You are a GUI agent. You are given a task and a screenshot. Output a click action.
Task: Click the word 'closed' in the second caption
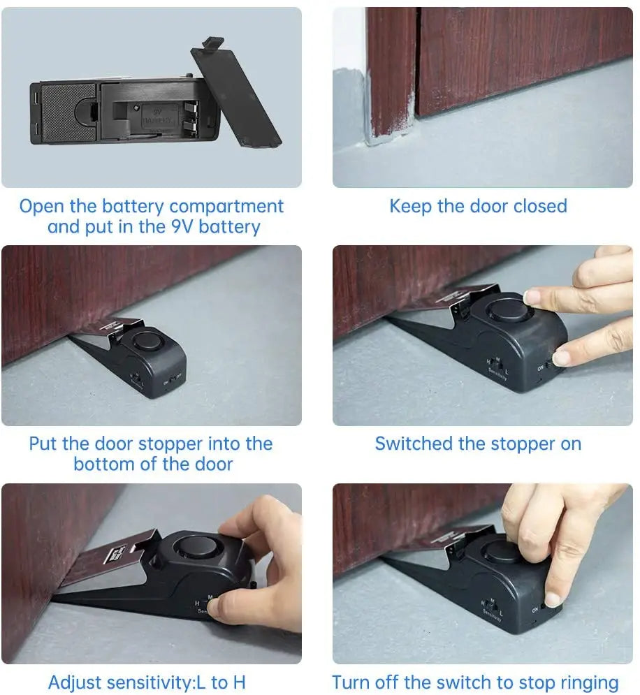pyautogui.click(x=540, y=207)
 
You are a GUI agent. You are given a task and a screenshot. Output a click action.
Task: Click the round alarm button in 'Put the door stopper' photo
pyautogui.click(x=147, y=342)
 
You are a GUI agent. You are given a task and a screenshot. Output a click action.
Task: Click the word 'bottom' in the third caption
pyautogui.click(x=103, y=464)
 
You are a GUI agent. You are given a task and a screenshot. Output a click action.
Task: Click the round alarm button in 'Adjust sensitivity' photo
pyautogui.click(x=194, y=547)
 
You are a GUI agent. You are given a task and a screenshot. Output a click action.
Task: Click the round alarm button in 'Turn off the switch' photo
pyautogui.click(x=502, y=550)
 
